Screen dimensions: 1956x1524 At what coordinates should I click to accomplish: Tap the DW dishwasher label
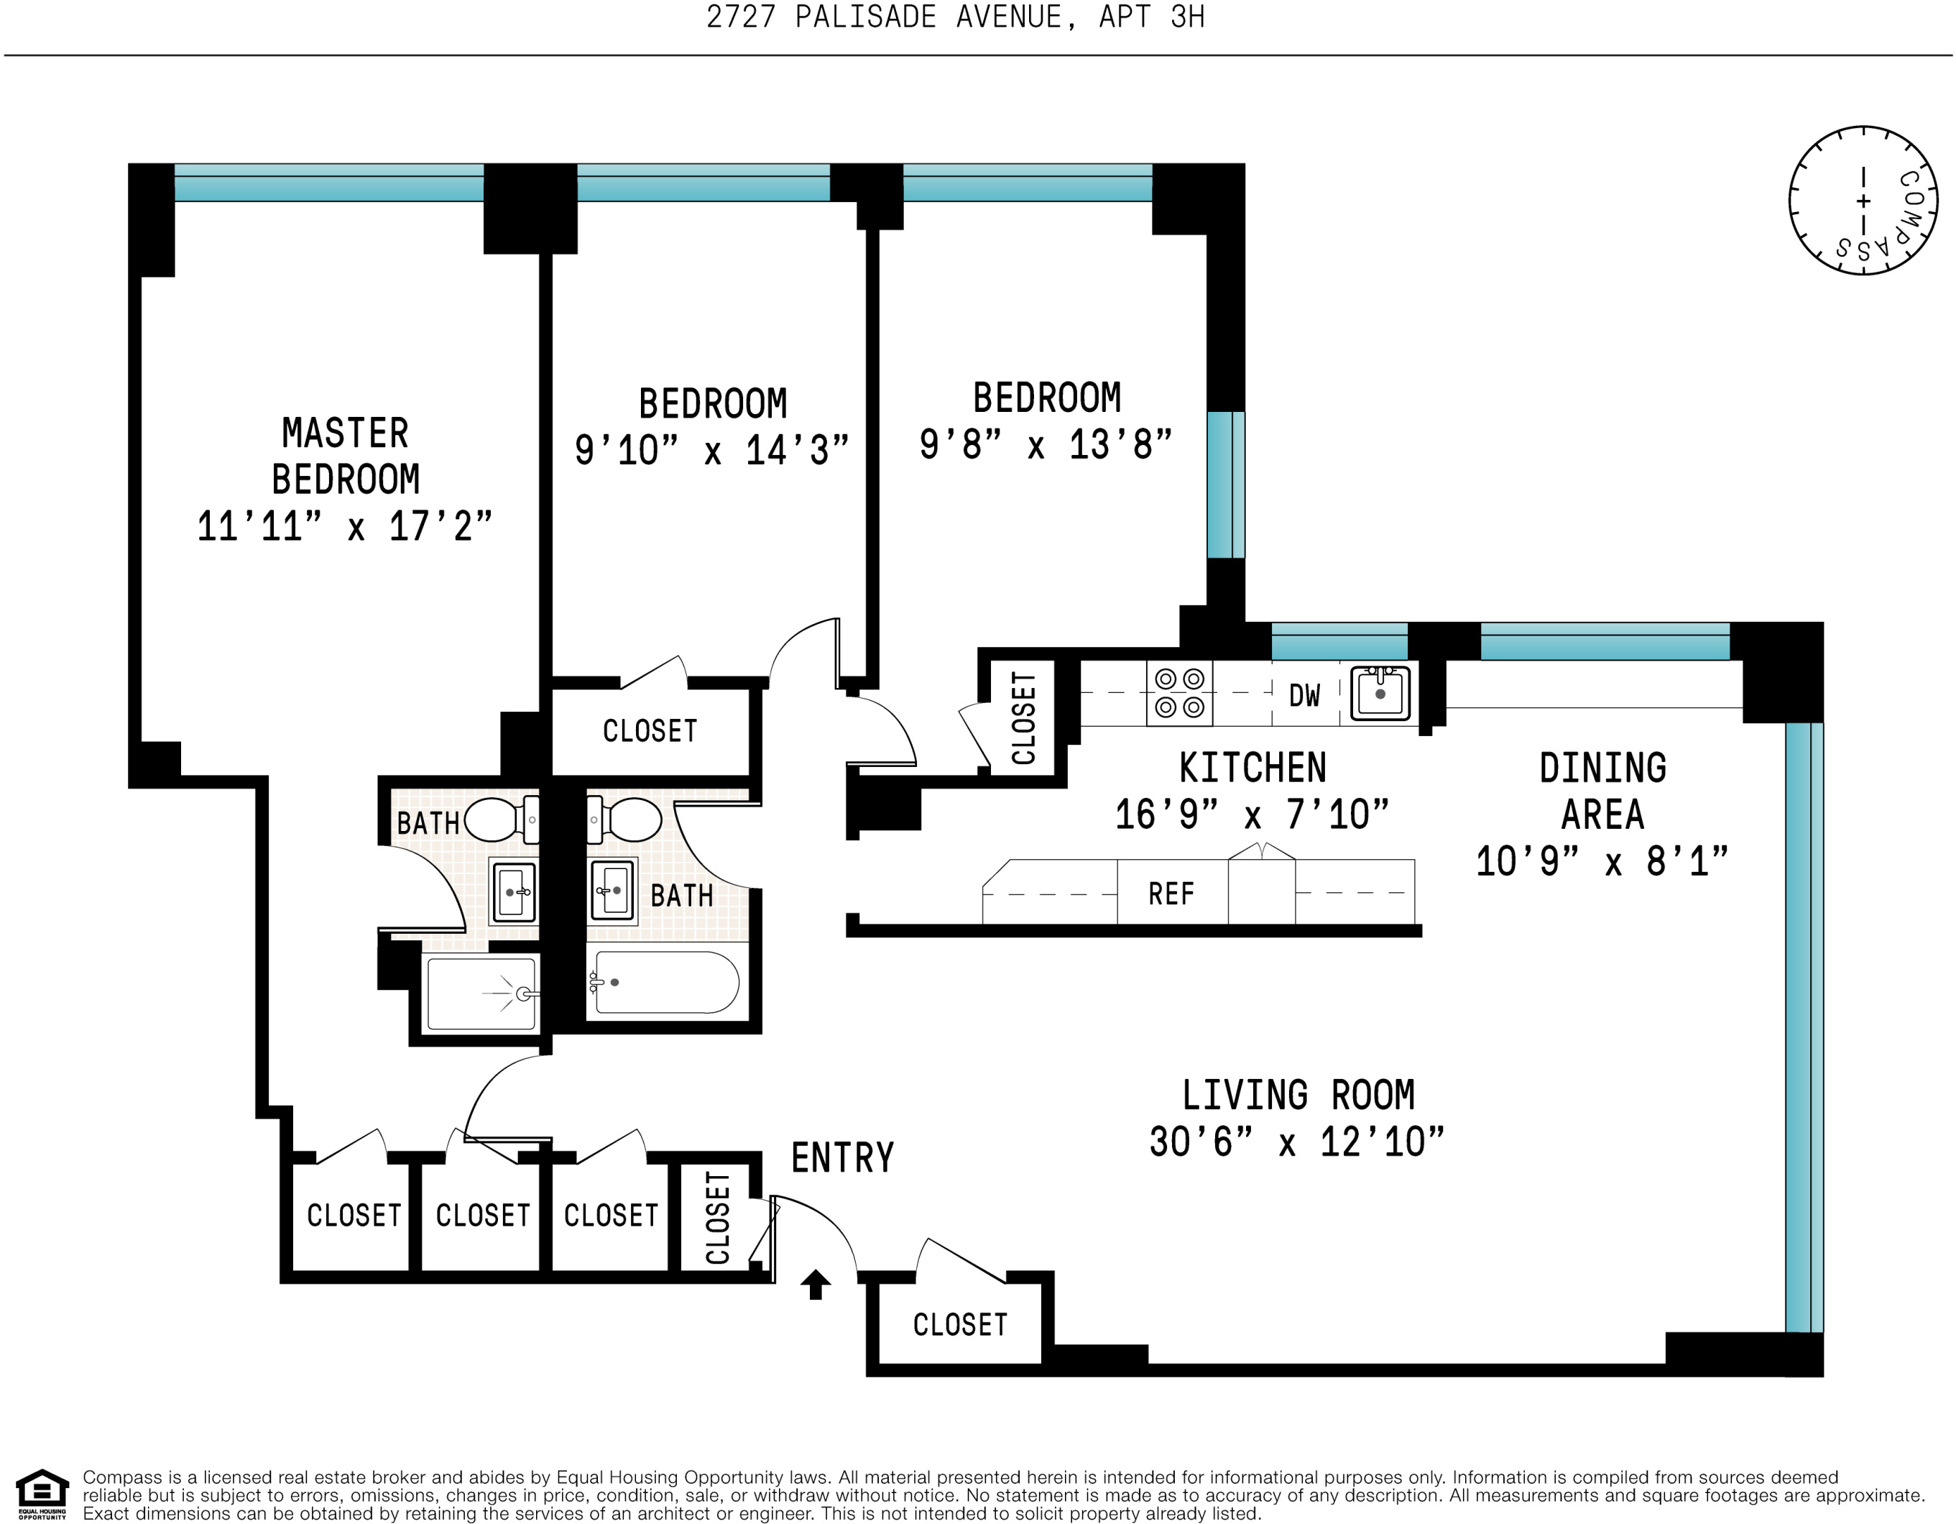[x=1304, y=695]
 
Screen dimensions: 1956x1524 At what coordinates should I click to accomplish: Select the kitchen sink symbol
[x=1380, y=692]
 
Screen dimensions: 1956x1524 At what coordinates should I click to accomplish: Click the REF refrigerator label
[x=1171, y=894]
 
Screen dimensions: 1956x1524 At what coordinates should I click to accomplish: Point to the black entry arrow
[x=815, y=1284]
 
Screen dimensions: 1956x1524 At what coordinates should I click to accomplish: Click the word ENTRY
[x=843, y=1157]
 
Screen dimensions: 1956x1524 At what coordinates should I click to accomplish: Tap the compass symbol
[x=1864, y=200]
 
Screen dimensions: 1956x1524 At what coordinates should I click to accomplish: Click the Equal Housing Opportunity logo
[x=42, y=1495]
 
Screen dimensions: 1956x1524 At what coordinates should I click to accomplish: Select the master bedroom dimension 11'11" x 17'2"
[x=345, y=526]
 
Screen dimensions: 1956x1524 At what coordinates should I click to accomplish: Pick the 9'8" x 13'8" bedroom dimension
[x=1046, y=444]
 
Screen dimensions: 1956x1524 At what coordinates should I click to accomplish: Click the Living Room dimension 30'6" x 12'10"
[x=1297, y=1142]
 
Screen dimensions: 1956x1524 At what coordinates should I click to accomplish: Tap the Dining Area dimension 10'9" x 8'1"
[x=1602, y=861]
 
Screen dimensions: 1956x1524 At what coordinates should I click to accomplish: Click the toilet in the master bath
[x=502, y=819]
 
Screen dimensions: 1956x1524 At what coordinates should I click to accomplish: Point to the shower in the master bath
[x=482, y=993]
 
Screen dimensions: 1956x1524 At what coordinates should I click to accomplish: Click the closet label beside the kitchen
[x=1024, y=719]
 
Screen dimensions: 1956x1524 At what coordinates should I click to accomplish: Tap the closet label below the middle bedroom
[x=650, y=731]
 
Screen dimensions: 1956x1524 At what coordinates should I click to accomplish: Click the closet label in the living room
[x=960, y=1325]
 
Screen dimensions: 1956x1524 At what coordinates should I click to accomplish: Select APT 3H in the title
[x=1152, y=17]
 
